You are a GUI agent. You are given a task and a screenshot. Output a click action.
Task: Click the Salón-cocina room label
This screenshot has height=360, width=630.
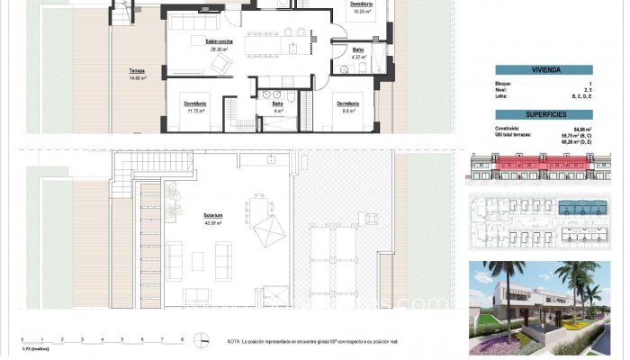pyautogui.click(x=219, y=42)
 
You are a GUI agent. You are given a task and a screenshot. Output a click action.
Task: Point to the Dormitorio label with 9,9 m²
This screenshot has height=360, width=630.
pyautogui.click(x=349, y=103)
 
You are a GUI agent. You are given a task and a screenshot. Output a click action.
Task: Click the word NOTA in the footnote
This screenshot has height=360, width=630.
pyautogui.click(x=234, y=342)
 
